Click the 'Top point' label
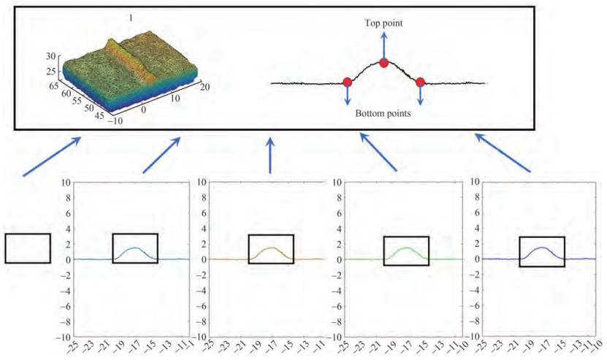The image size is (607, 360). [x=383, y=23]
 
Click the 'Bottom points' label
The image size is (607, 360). [x=383, y=114]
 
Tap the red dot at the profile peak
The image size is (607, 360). [x=384, y=64]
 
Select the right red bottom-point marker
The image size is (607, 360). [x=420, y=83]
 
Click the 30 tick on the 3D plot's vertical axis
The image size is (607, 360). [x=50, y=55]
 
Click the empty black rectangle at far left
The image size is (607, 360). [x=28, y=248]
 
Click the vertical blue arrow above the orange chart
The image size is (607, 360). [x=270, y=155]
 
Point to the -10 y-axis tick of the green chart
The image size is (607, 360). [x=337, y=337]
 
